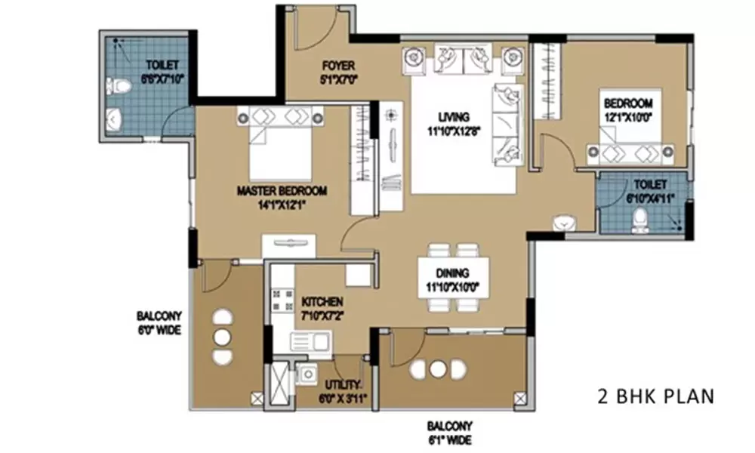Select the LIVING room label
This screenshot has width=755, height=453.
coord(454,117)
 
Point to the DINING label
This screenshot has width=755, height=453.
coord(452,273)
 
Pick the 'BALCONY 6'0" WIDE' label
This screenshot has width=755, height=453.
coord(159,322)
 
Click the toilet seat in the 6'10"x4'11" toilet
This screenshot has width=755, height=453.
coord(639,219)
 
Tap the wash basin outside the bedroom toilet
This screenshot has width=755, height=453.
coord(564,223)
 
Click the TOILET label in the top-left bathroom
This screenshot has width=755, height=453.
coord(161,66)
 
